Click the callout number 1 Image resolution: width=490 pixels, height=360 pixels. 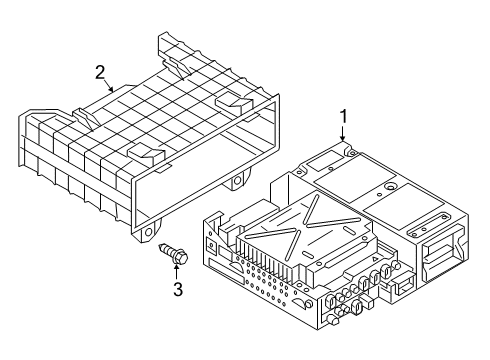tap(343, 117)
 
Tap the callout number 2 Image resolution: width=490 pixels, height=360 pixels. tap(100, 73)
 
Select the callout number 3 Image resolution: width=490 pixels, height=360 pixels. tap(178, 289)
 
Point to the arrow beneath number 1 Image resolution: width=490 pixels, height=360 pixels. tap(343, 134)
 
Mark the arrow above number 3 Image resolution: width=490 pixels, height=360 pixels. tap(176, 271)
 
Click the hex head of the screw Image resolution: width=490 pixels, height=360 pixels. tap(180, 256)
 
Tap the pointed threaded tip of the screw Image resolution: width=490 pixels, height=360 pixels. tap(161, 247)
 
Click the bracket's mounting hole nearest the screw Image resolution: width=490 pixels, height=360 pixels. tap(148, 232)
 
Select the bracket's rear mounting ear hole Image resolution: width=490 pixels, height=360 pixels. tap(237, 181)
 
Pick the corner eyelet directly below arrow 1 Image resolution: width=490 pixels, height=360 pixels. tap(351, 152)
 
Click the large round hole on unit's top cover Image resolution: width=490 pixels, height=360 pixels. tap(390, 187)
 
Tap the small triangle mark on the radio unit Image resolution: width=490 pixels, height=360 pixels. tap(374, 258)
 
